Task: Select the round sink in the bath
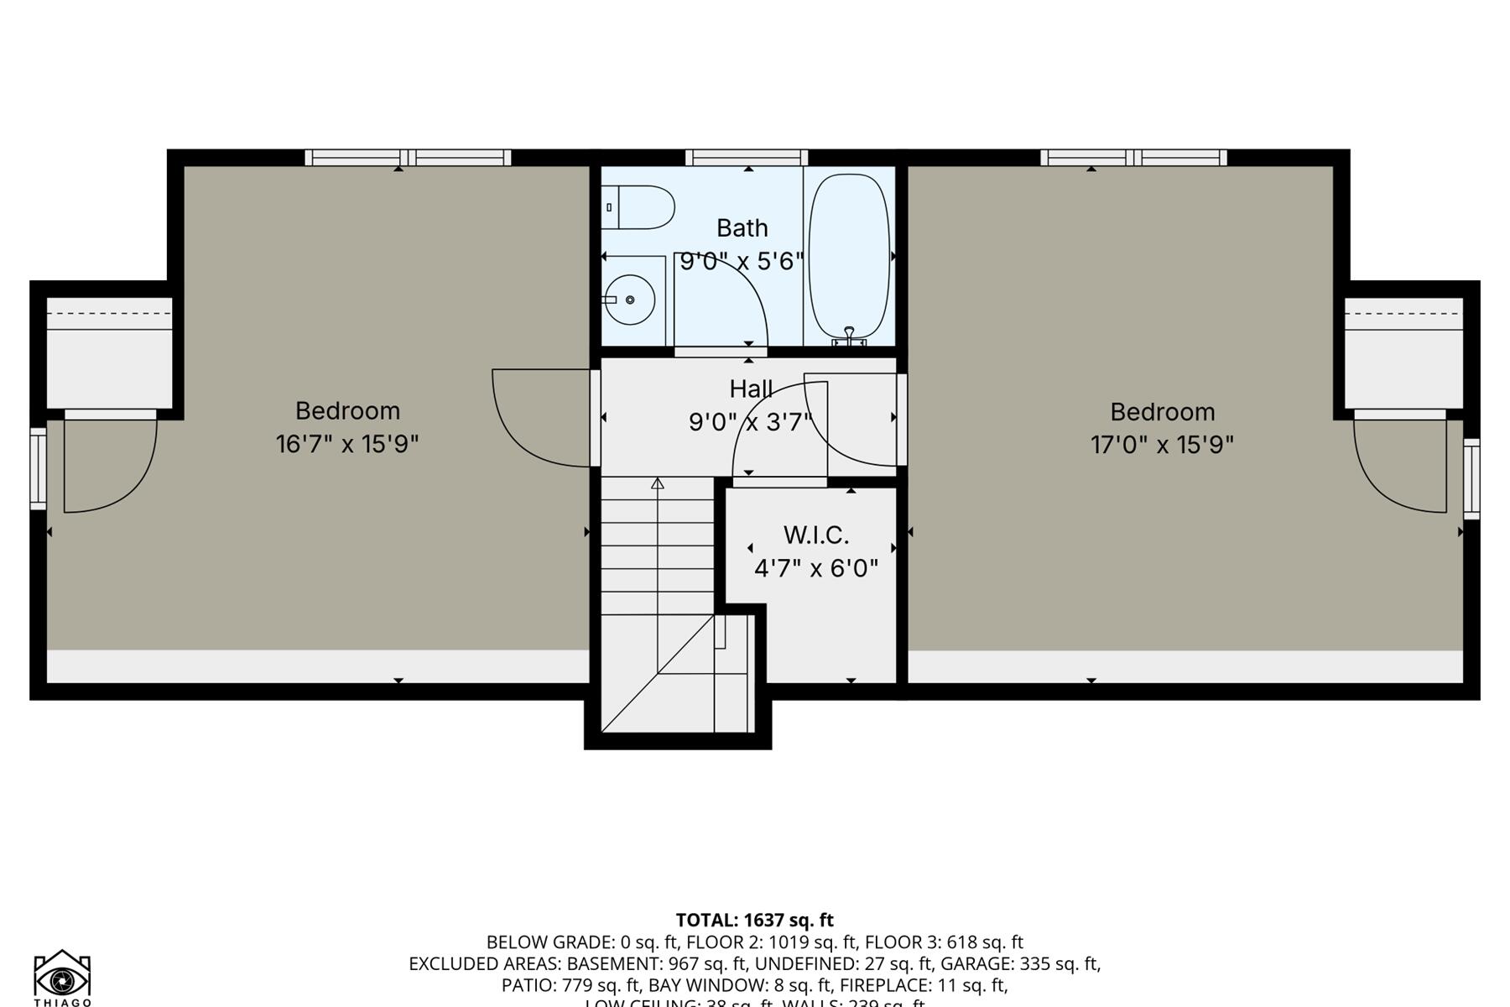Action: pos(629,300)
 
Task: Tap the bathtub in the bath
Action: pos(848,256)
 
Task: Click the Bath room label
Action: pos(742,228)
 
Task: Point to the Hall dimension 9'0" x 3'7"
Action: pos(751,421)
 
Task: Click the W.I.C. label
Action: pos(815,535)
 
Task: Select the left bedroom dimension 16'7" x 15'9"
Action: pos(347,443)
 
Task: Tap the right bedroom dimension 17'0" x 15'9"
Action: pos(1162,444)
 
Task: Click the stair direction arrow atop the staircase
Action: pos(658,484)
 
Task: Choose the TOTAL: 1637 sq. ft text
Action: pos(754,920)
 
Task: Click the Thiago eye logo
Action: pos(62,978)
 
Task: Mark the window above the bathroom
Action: pos(747,158)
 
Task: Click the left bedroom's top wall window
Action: pos(408,158)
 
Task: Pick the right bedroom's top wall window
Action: pos(1133,158)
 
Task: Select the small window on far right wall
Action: pos(1471,478)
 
